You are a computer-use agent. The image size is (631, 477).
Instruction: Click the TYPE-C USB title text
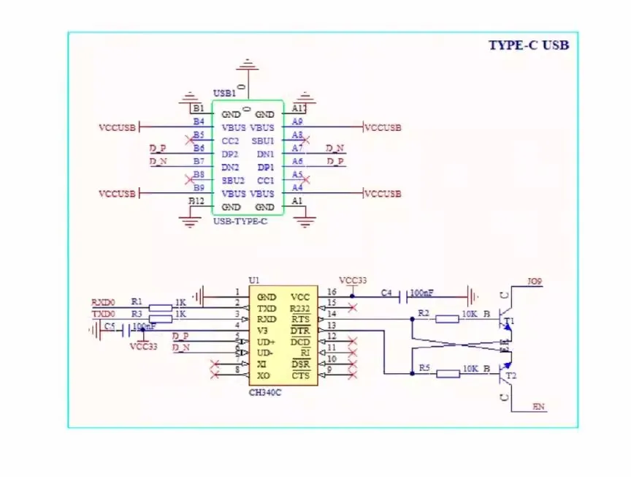tap(528, 45)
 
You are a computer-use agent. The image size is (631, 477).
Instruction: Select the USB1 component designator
tap(224, 94)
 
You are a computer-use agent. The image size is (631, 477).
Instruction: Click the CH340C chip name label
tap(265, 392)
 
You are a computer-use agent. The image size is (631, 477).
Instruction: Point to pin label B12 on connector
tap(196, 201)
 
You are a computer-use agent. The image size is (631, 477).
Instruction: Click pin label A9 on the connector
tap(297, 121)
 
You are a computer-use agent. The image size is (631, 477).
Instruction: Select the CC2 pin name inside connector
tap(231, 140)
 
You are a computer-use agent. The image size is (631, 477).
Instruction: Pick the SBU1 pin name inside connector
tap(263, 140)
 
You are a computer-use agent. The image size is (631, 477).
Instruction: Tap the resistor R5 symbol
tap(448, 374)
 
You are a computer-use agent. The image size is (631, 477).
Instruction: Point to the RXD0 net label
tap(103, 301)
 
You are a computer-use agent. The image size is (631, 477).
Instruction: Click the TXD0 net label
tap(103, 313)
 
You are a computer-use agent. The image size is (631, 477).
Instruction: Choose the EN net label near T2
tap(539, 407)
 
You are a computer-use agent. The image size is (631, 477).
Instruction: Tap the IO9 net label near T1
tap(535, 281)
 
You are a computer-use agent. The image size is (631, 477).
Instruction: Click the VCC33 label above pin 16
tap(353, 280)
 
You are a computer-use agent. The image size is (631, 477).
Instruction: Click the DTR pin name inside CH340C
tap(300, 330)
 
